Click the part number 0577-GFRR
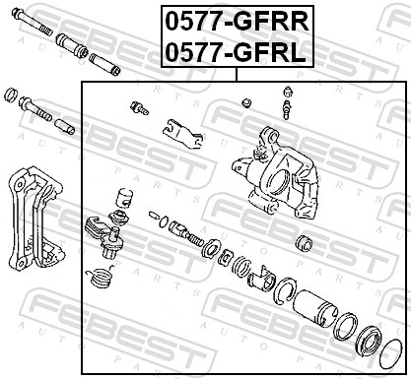(x=234, y=19)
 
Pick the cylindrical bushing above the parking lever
(x=122, y=197)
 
